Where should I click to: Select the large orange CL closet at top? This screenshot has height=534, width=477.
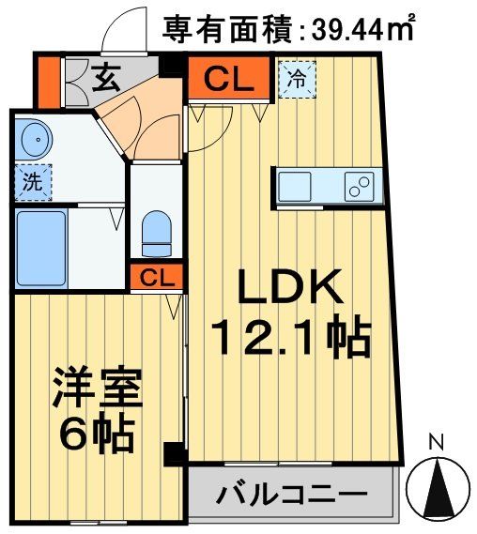pos(229,80)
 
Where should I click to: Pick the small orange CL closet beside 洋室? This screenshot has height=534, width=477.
pos(157,277)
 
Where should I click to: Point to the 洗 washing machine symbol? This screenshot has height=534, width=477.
pos(32,182)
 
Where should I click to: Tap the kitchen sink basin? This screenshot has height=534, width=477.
pos(300,184)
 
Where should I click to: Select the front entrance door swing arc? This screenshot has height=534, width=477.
pos(121,33)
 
